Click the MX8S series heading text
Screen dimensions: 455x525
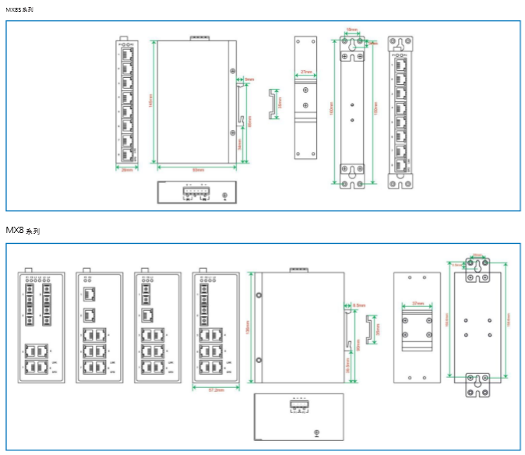(19, 8)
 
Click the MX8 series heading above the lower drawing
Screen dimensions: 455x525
(23, 231)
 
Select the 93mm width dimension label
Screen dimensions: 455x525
(198, 169)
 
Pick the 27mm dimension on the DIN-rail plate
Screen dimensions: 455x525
(306, 72)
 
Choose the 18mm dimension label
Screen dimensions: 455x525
(352, 31)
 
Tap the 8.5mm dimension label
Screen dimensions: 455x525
(359, 305)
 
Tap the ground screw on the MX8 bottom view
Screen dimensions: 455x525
(315, 433)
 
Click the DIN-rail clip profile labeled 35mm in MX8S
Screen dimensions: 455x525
(273, 104)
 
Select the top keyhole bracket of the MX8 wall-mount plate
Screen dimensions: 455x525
(477, 269)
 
